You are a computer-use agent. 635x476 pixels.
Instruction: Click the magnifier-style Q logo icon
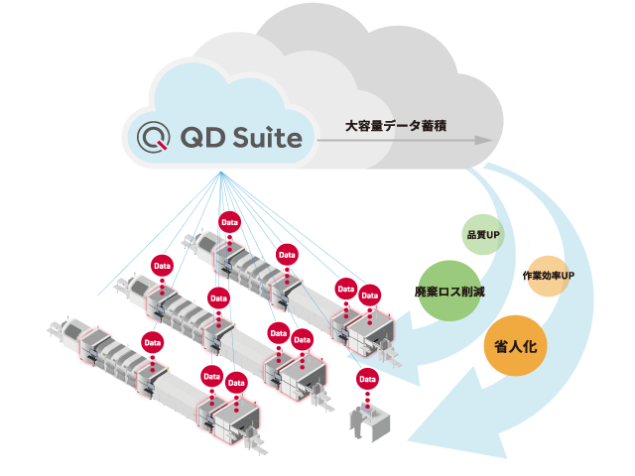pyautogui.click(x=152, y=135)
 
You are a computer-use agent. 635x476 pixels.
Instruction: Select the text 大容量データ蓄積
pyautogui.click(x=396, y=127)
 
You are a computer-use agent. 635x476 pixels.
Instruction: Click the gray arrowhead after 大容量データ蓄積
pyautogui.click(x=483, y=140)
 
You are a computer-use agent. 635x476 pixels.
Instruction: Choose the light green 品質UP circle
pyautogui.click(x=482, y=236)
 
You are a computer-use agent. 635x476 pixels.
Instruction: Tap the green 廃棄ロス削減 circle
pyautogui.click(x=449, y=292)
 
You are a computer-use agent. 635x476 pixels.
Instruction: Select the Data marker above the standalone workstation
pyautogui.click(x=367, y=379)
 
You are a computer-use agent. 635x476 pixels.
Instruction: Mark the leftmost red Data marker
pyautogui.click(x=152, y=343)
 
